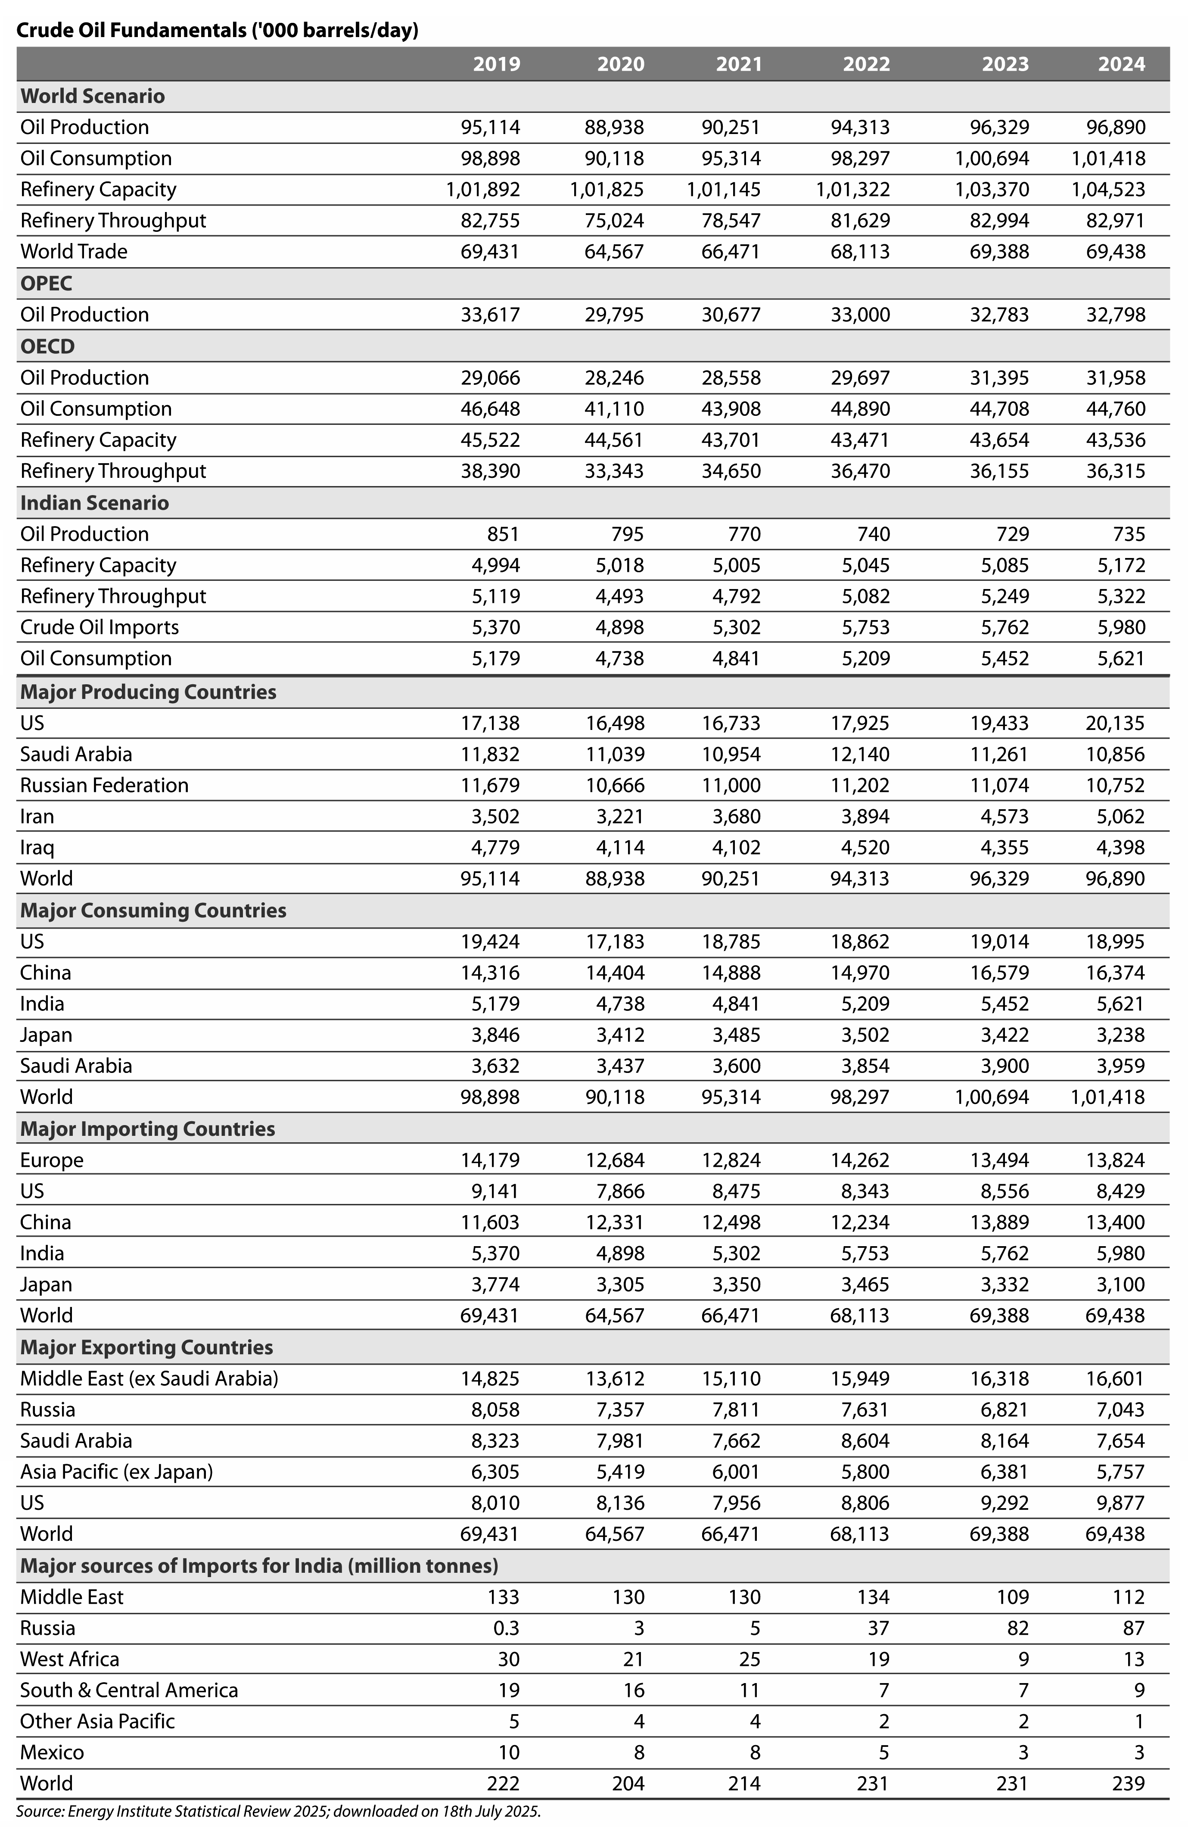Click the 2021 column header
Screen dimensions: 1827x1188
[x=738, y=64]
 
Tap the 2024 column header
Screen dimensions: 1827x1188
[x=1121, y=64]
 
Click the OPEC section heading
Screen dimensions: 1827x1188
[x=46, y=283]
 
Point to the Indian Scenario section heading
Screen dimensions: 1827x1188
[x=94, y=503]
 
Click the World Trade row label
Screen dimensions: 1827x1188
[x=74, y=252]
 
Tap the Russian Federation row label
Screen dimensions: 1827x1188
[x=104, y=785]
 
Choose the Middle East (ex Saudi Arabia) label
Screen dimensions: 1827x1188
[x=149, y=1379]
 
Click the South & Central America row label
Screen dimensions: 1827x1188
[x=129, y=1690]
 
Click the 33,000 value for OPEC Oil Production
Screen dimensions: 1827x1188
[x=860, y=315]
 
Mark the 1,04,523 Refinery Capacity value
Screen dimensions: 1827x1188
[x=1108, y=190]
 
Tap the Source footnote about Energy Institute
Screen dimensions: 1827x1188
[x=279, y=1811]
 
